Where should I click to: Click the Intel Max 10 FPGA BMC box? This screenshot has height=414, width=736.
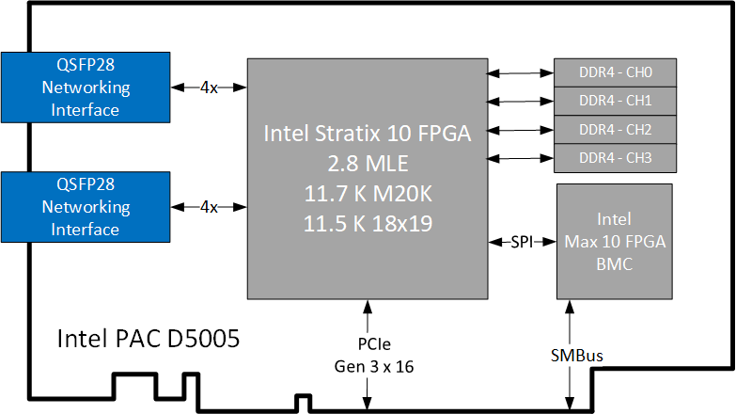click(x=615, y=242)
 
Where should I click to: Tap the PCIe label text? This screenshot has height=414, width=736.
click(x=367, y=345)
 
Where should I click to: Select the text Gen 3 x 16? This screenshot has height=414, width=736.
click(x=367, y=365)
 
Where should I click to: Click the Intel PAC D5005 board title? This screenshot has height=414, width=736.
click(x=149, y=338)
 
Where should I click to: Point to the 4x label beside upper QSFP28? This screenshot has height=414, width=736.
click(x=209, y=88)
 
